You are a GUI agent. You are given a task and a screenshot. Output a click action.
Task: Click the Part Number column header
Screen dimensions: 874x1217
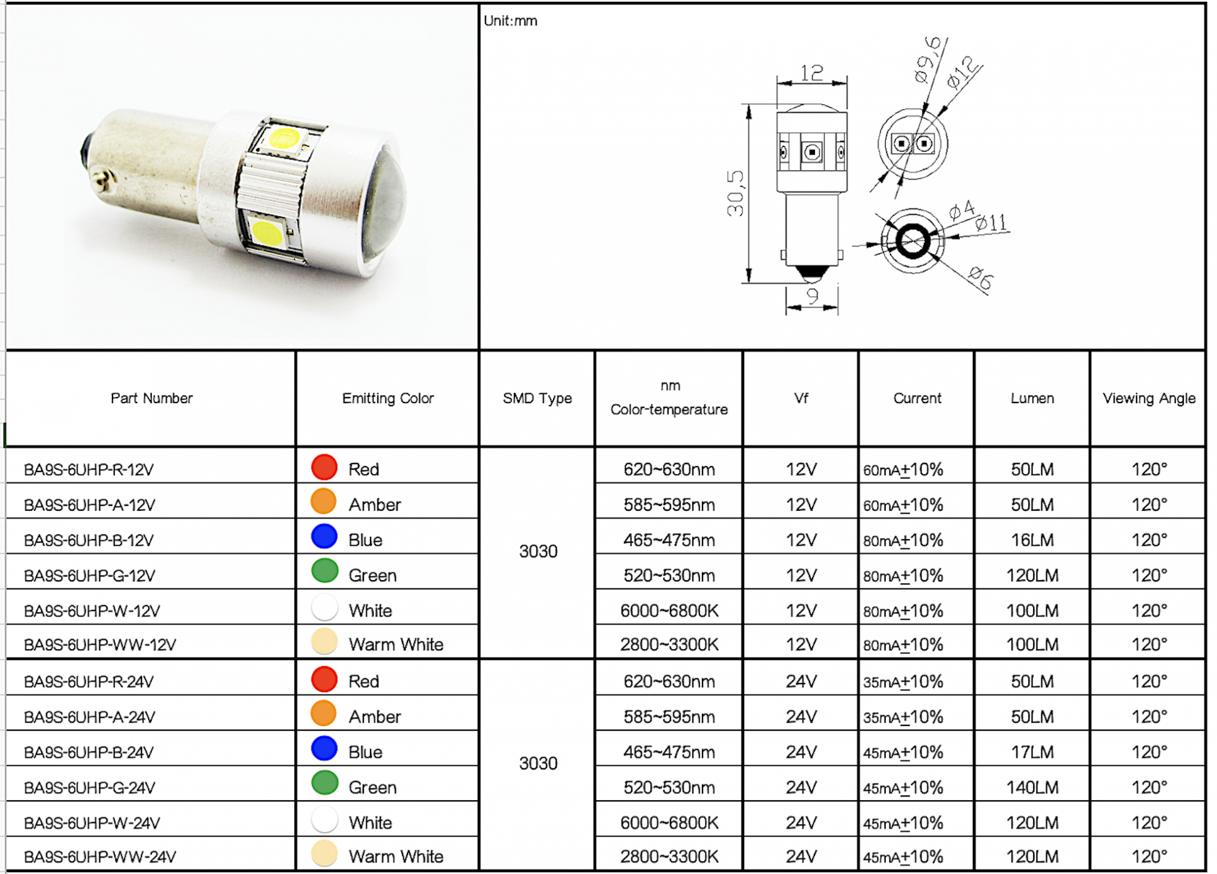[x=151, y=398]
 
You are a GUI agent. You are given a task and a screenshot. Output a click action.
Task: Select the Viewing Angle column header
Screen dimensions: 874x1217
[x=1148, y=398]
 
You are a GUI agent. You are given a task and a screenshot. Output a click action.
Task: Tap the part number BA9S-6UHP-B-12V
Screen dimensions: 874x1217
[x=89, y=540]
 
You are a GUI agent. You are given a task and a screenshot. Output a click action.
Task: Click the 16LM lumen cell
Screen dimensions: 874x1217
[x=1032, y=540]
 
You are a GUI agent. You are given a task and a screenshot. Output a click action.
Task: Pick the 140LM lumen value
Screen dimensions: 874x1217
[x=1032, y=787]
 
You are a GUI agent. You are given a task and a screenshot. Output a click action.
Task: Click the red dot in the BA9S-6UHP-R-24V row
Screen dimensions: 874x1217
[x=324, y=679]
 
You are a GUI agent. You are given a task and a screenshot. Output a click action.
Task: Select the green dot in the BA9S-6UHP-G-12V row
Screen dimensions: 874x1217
[x=325, y=570]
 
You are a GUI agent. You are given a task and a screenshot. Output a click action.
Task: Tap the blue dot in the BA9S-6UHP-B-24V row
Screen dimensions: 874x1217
[x=324, y=748]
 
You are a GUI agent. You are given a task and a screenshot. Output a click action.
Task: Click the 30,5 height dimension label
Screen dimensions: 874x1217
[x=735, y=193]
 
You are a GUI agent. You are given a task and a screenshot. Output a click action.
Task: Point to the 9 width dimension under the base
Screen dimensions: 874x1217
[x=812, y=297]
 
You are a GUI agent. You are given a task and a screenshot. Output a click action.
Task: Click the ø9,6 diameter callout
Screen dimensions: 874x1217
[x=928, y=60]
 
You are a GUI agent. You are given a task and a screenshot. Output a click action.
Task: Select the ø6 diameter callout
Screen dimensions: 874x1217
[x=980, y=278]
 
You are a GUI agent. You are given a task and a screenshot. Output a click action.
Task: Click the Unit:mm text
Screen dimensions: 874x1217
[x=510, y=21]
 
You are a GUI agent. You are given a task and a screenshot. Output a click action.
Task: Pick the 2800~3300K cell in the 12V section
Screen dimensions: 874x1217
[x=669, y=644]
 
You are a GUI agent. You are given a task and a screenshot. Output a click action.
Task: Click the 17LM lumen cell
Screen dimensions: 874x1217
[x=1032, y=752]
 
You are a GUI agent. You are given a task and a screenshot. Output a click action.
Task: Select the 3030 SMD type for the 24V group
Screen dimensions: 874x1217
[x=538, y=763]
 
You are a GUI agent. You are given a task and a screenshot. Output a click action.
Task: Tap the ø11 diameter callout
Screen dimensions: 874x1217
[x=991, y=222]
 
